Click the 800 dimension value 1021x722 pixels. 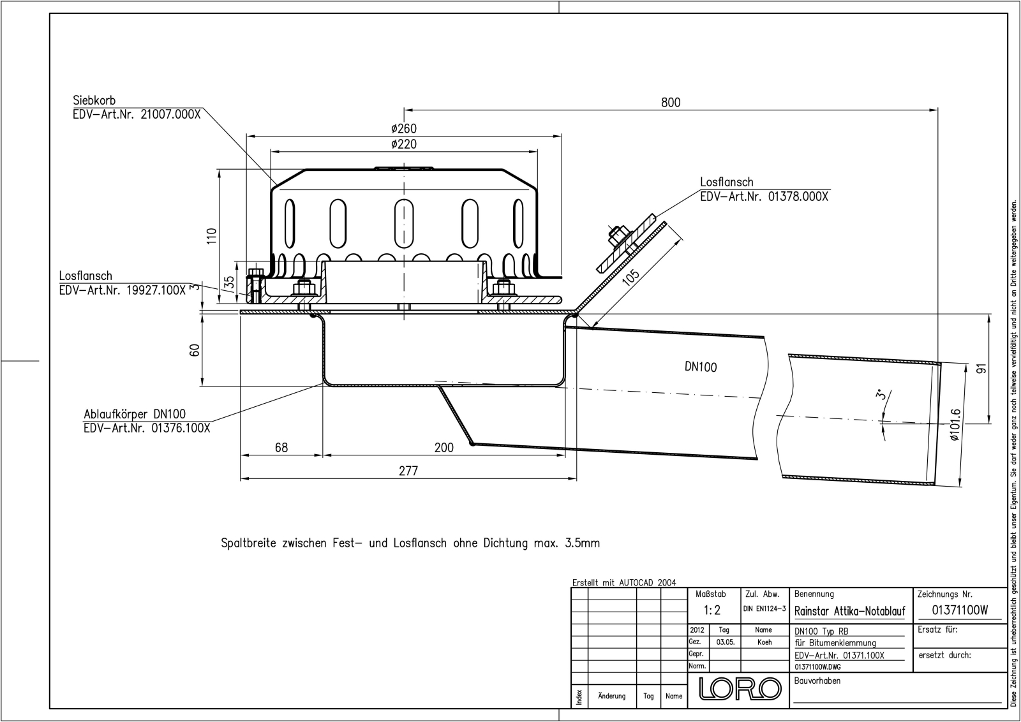coord(671,103)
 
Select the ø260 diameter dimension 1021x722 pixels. coord(404,128)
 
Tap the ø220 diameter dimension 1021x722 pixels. coord(404,144)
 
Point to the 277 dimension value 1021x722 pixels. coord(408,471)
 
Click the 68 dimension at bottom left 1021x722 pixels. coord(281,448)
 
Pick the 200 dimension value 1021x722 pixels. coord(443,448)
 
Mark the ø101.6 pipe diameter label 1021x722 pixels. coord(955,425)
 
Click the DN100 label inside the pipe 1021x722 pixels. coord(701,367)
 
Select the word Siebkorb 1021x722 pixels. coord(94,100)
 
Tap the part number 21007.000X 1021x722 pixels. coord(170,114)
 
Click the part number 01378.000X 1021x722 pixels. coord(798,196)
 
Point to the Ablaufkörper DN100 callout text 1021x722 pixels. coord(135,415)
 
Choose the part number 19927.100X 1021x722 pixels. coord(156,290)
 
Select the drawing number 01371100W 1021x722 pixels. coord(960,610)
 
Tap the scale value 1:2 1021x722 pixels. coord(712,610)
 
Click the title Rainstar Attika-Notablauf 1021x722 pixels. coord(849,611)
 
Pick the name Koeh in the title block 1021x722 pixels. coord(765,642)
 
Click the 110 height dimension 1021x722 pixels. coord(211,236)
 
